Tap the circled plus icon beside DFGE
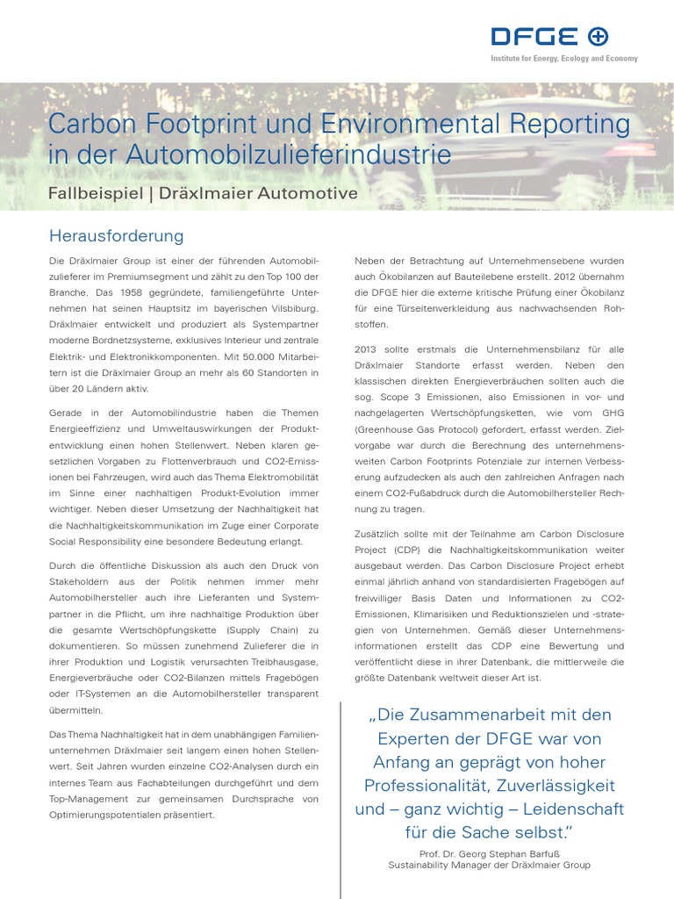click(598, 36)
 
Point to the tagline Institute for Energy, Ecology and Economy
click(563, 59)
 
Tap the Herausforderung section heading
click(116, 236)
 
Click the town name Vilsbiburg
click(289, 308)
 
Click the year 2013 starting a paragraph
click(368, 349)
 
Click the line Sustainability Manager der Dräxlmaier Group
click(489, 865)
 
